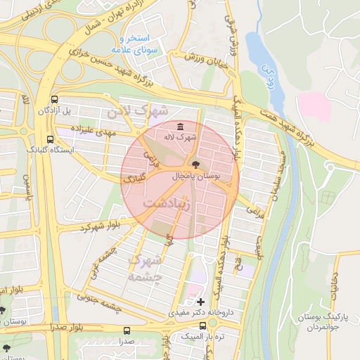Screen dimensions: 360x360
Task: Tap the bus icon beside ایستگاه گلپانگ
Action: (x=49, y=139)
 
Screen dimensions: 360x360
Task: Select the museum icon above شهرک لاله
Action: (x=181, y=127)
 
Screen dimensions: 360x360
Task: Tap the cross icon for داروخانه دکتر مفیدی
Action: (x=201, y=301)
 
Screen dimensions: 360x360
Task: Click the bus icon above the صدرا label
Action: (x=127, y=330)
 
